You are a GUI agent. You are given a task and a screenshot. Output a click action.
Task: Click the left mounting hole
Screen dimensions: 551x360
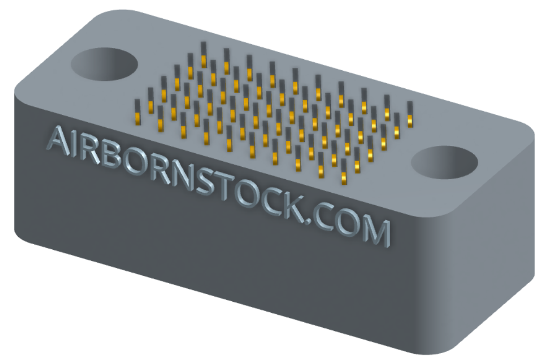pyautogui.click(x=104, y=65)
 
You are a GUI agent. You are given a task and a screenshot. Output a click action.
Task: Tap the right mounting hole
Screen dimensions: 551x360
pyautogui.click(x=445, y=163)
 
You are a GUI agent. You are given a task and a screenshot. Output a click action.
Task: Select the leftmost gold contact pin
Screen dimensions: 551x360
pyautogui.click(x=138, y=112)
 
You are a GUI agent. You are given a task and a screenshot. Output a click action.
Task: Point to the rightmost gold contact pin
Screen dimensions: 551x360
pyautogui.click(x=410, y=114)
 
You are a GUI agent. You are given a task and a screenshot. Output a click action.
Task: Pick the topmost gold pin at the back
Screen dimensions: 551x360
pyautogui.click(x=204, y=55)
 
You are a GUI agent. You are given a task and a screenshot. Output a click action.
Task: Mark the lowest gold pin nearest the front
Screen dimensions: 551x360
pyautogui.click(x=344, y=171)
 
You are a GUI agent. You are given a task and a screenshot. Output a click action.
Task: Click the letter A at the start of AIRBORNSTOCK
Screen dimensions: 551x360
pyautogui.click(x=59, y=141)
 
